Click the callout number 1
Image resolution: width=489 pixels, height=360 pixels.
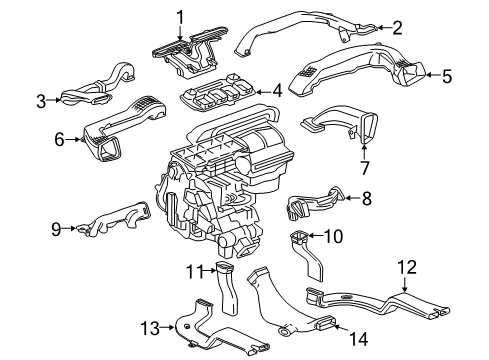[x=180, y=15]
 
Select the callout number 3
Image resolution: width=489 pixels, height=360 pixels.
[x=41, y=99]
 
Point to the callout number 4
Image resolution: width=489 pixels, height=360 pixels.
[x=277, y=91]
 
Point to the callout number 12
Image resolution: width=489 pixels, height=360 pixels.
[x=406, y=266]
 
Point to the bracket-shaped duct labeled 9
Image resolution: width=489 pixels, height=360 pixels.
[x=115, y=221]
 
